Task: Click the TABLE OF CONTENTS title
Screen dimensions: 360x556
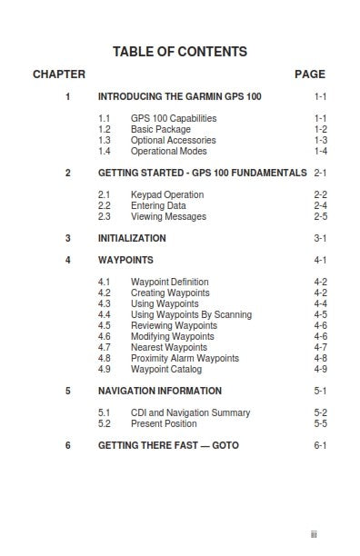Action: [179, 52]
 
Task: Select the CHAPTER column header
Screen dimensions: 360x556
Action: [59, 74]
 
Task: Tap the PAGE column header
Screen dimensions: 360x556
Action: [310, 74]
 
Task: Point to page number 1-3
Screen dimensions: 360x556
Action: [320, 141]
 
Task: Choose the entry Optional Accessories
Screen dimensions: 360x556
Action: [173, 141]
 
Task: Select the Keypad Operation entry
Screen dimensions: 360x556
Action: [167, 195]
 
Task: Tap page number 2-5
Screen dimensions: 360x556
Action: [320, 217]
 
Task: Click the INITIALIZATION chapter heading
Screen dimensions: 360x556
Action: [132, 239]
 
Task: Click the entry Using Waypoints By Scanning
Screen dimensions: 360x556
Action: [191, 315]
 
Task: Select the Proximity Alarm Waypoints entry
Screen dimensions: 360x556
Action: [185, 359]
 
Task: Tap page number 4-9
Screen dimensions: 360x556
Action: [320, 370]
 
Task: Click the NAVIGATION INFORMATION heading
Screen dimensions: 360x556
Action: [159, 392]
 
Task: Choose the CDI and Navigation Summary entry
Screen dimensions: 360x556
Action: [190, 413]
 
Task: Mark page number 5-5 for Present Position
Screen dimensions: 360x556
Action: [320, 424]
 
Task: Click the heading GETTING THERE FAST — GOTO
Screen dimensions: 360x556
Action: [166, 446]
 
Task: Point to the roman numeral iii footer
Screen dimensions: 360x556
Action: [313, 535]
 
